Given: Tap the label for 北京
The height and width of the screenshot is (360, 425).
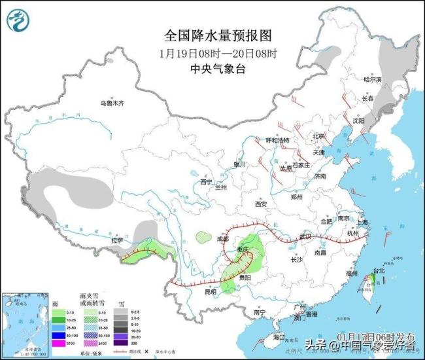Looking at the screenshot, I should (x=318, y=136).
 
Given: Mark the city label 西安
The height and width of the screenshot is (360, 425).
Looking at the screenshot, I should (x=261, y=204).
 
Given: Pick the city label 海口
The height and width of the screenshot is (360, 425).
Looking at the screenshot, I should (x=279, y=337).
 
